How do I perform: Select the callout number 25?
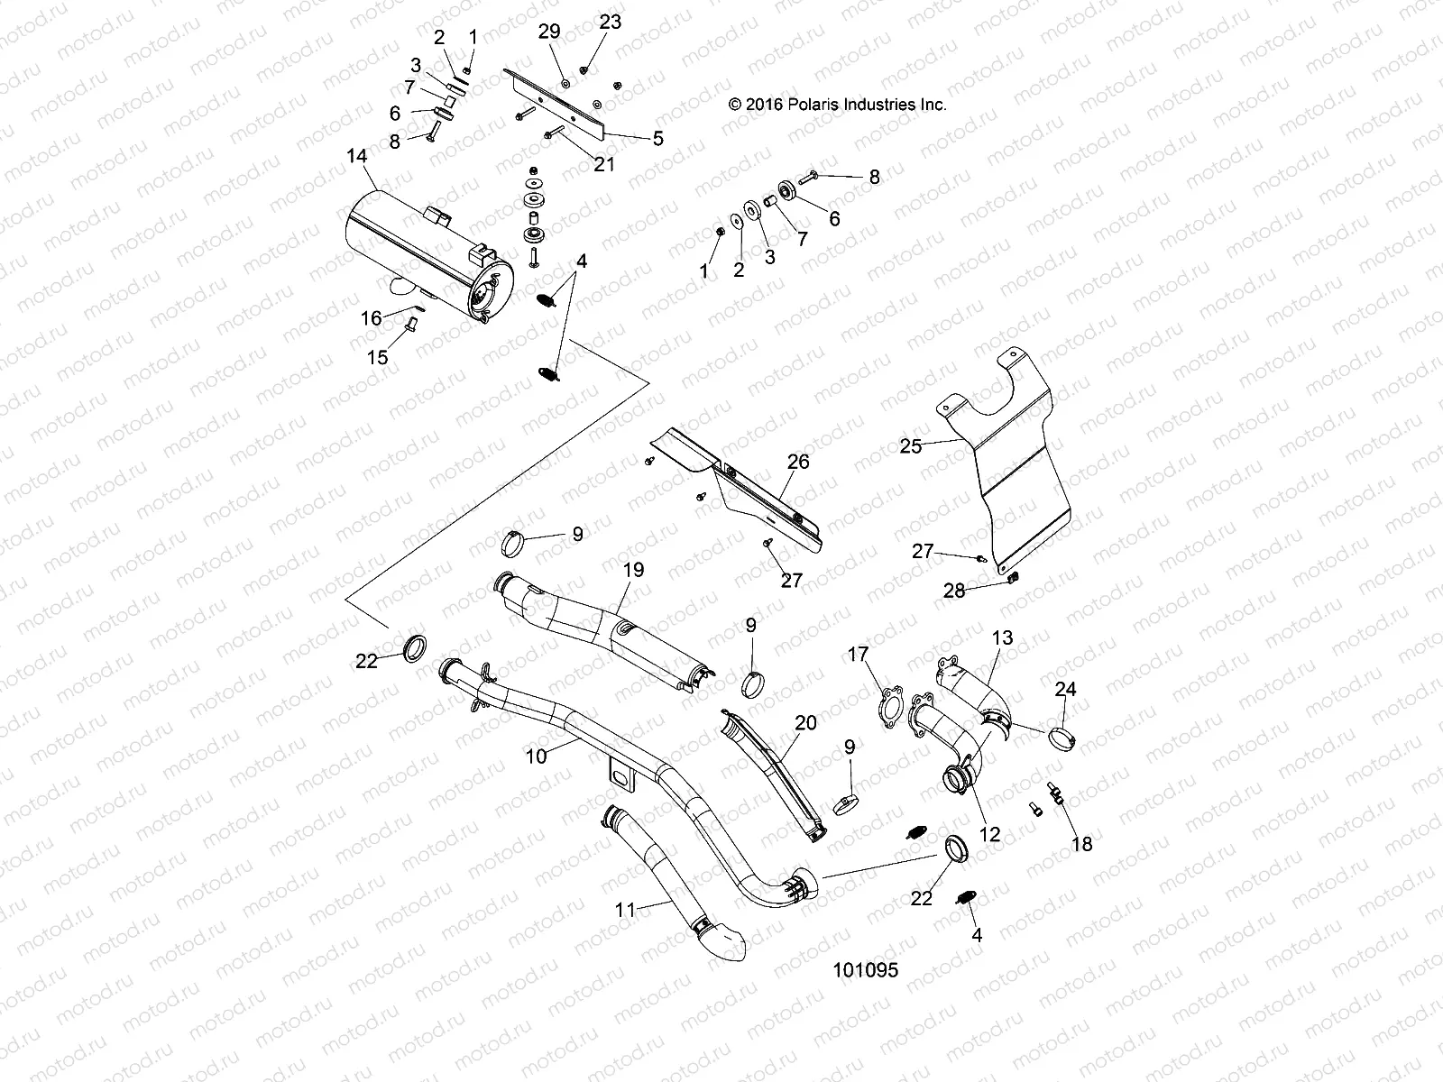[x=911, y=446]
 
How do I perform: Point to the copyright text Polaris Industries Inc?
[x=838, y=105]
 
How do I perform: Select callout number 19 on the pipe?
[x=634, y=570]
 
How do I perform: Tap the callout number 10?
[x=536, y=756]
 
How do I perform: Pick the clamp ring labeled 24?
[x=1064, y=741]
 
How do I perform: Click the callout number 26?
[x=798, y=462]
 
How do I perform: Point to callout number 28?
[x=954, y=591]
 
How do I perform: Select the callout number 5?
[x=657, y=138]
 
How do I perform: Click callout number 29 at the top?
[x=549, y=31]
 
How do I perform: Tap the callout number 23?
[x=611, y=22]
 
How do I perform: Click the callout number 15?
[x=377, y=357]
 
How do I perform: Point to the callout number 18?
[x=1081, y=844]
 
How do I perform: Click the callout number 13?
[x=1002, y=637]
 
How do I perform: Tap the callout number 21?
[x=603, y=164]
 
